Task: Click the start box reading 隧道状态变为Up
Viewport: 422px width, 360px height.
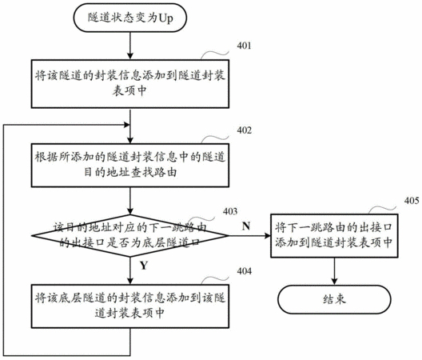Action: [130, 18]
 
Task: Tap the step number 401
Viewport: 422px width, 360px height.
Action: [244, 46]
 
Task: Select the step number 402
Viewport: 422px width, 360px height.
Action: [244, 130]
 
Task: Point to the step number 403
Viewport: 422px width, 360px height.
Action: [230, 211]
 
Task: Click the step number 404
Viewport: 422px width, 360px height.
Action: [244, 271]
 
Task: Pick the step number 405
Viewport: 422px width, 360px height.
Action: [412, 201]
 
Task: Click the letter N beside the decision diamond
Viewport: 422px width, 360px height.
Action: [246, 226]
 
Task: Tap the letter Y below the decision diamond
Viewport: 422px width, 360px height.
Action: [144, 266]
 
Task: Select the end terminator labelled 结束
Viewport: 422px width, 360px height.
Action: [334, 299]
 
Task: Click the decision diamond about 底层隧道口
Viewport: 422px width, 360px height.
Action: [130, 236]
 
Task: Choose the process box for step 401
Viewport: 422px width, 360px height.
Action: [130, 84]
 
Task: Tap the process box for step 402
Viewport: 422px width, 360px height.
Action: [130, 165]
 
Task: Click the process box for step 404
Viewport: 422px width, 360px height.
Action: [130, 306]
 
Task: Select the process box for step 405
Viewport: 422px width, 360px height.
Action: [334, 236]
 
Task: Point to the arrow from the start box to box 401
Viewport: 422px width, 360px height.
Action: [130, 46]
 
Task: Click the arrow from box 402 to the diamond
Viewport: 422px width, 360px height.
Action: [130, 201]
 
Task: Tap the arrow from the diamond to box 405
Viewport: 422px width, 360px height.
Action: [249, 236]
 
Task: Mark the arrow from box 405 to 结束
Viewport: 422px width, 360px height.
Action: [334, 271]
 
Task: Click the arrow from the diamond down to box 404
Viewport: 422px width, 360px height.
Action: [130, 270]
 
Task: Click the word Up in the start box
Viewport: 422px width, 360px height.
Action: [165, 18]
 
